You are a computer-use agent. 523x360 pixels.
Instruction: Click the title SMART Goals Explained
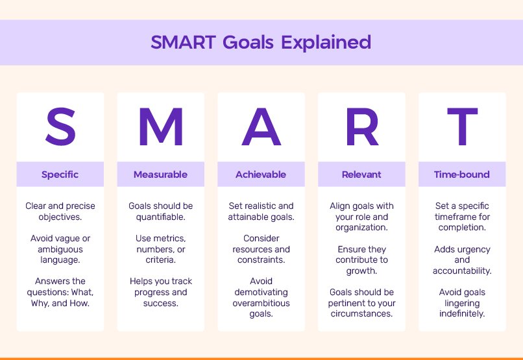click(261, 43)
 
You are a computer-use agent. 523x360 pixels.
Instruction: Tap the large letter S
click(60, 128)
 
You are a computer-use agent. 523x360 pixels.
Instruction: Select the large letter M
click(160, 128)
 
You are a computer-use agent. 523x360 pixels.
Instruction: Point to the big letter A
click(261, 128)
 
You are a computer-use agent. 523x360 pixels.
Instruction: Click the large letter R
click(361, 128)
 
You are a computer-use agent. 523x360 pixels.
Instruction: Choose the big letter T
click(462, 128)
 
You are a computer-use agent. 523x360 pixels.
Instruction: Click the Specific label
click(60, 174)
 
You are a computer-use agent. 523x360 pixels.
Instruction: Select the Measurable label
click(160, 174)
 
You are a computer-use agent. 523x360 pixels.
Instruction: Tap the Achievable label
click(261, 174)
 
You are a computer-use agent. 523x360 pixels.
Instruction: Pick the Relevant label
click(361, 174)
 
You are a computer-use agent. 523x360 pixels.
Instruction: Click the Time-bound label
click(462, 174)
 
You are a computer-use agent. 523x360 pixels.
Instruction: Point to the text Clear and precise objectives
click(60, 211)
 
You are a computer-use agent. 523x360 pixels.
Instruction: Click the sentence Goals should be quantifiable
click(160, 211)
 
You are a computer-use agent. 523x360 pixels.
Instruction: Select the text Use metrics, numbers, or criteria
click(160, 249)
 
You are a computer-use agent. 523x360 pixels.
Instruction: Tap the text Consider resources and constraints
click(261, 249)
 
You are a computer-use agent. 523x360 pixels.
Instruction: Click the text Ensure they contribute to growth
click(361, 259)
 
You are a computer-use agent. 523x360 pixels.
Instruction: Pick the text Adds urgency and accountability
click(462, 259)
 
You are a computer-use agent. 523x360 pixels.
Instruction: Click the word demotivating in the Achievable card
click(261, 293)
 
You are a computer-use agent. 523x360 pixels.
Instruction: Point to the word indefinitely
click(462, 314)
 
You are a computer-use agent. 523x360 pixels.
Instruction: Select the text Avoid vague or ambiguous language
click(60, 249)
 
